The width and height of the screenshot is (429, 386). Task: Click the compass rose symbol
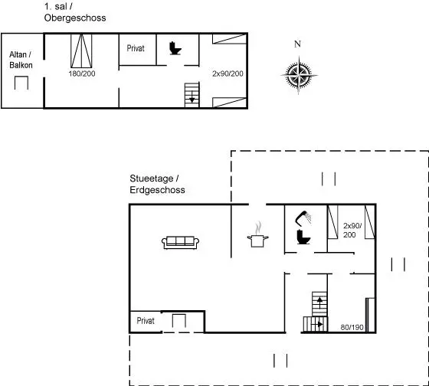click(x=299, y=74)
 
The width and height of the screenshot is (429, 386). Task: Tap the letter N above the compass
click(x=297, y=44)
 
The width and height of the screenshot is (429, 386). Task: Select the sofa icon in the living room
click(x=180, y=242)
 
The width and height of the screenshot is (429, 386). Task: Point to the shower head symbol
click(x=303, y=218)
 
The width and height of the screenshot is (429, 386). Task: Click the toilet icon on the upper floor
click(x=175, y=48)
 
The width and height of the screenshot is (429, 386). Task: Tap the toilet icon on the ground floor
click(x=303, y=237)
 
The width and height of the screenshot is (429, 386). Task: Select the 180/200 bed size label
click(x=82, y=74)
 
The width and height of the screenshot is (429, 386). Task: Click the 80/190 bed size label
click(x=352, y=327)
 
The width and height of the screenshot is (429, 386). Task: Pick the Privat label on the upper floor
click(x=136, y=48)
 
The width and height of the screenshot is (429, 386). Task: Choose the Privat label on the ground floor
click(x=146, y=321)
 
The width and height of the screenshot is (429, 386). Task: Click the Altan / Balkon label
click(x=21, y=60)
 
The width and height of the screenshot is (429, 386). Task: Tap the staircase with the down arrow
click(x=192, y=95)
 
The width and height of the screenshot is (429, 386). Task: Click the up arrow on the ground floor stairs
click(x=319, y=300)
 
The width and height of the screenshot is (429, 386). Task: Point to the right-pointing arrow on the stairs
click(x=317, y=325)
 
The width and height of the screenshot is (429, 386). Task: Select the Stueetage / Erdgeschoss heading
click(x=157, y=184)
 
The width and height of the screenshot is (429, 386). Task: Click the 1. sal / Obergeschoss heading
click(x=75, y=12)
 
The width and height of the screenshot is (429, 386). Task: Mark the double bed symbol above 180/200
click(x=81, y=51)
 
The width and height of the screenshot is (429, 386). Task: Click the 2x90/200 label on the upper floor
click(x=228, y=74)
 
